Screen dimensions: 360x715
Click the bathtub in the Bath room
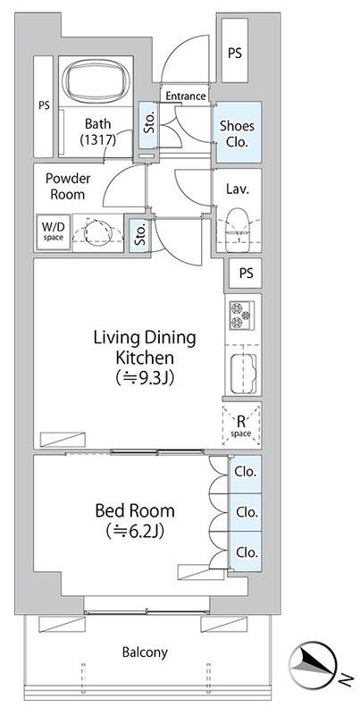click(96, 82)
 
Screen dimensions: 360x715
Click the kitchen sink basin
click(242, 374)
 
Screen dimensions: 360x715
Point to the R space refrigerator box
click(241, 425)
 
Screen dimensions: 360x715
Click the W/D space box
click(54, 231)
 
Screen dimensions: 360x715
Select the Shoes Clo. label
click(237, 133)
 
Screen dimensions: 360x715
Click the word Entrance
click(186, 97)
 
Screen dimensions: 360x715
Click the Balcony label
click(145, 652)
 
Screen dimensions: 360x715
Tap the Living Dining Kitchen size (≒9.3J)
click(145, 377)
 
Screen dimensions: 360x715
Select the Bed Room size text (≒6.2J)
click(134, 531)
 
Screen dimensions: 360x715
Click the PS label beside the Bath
click(44, 105)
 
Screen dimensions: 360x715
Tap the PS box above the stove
click(245, 273)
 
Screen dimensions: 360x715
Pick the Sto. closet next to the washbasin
click(138, 235)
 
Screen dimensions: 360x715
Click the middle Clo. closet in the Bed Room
click(245, 512)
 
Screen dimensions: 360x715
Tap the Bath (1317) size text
click(97, 130)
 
